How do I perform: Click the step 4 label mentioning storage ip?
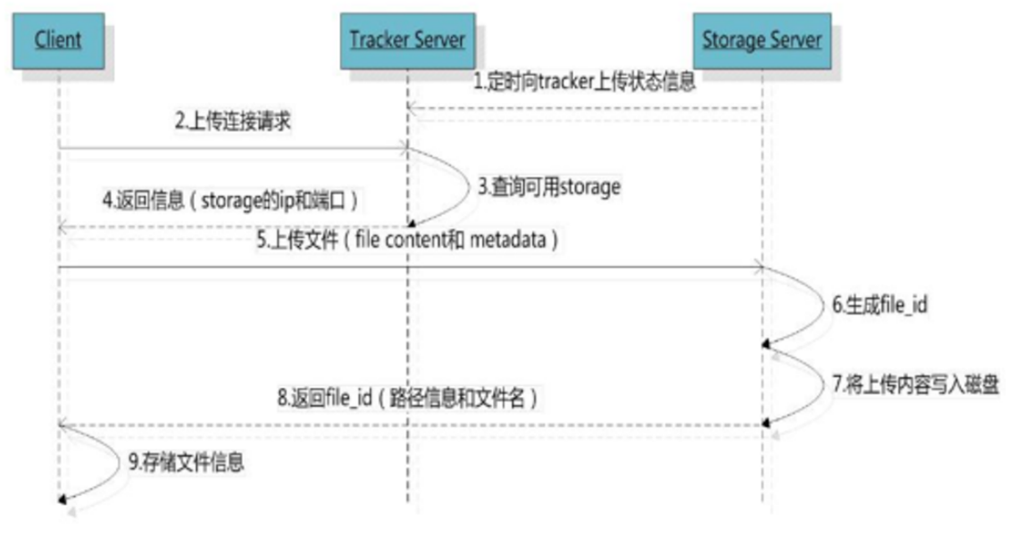tap(230, 201)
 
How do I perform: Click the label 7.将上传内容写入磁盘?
tap(916, 385)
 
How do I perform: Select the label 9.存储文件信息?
tap(187, 461)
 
